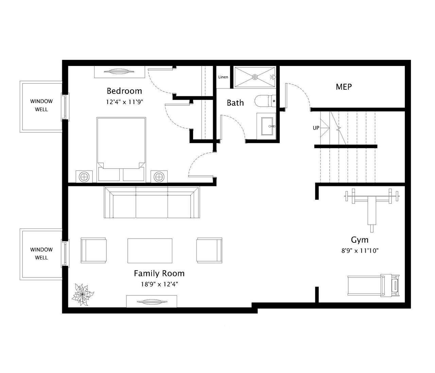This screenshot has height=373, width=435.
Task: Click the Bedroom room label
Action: point(124,91)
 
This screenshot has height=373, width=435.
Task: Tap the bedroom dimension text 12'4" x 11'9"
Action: point(124,102)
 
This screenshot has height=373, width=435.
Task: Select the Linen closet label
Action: point(223,77)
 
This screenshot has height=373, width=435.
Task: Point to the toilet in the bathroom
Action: point(265,101)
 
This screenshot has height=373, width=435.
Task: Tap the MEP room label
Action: point(344,87)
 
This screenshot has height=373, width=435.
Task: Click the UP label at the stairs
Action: point(316,128)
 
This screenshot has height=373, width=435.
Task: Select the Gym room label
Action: point(360,240)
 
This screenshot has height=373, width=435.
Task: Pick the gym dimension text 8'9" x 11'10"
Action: point(360,251)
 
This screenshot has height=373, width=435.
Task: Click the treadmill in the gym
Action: point(373,286)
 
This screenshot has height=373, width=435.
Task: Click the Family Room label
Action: point(159,273)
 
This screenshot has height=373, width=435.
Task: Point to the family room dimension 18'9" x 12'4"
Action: point(159,284)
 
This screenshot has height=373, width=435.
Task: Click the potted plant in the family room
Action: point(82,295)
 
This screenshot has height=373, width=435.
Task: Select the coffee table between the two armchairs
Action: point(150,251)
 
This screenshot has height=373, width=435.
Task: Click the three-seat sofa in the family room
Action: point(152,202)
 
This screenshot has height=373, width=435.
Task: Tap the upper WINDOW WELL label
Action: point(41,105)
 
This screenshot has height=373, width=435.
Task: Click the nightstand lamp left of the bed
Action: point(84,177)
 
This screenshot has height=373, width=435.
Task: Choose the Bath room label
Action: point(235,103)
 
